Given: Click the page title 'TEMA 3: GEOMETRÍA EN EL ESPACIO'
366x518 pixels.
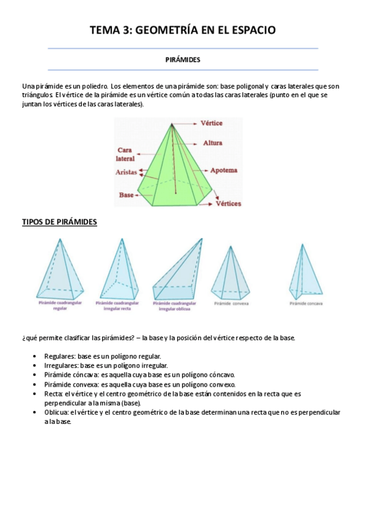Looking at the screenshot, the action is tap(183, 29).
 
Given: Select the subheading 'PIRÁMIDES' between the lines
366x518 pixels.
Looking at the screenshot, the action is tap(183, 60).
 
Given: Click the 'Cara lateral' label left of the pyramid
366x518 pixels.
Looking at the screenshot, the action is tap(125, 154).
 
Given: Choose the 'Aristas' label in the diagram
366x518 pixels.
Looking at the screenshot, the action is tap(126, 172).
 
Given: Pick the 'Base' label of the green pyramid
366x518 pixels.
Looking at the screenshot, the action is tap(126, 195).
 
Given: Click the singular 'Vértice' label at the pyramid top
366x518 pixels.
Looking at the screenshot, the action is tap(211, 123).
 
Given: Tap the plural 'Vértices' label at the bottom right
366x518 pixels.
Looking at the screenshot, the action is tap(229, 203).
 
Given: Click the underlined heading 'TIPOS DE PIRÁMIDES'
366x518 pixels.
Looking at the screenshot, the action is tap(59, 222).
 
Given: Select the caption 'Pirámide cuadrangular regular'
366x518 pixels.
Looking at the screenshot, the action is tap(60, 305).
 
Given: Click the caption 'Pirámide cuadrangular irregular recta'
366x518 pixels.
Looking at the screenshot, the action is tap(117, 305).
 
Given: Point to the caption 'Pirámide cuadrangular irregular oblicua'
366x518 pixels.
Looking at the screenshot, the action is tap(175, 305).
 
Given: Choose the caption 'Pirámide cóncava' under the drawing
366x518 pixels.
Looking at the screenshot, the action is tap(306, 303).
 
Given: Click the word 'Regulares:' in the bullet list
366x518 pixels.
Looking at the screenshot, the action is tap(58, 356).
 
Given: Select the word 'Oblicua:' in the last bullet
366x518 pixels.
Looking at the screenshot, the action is tap(56, 412).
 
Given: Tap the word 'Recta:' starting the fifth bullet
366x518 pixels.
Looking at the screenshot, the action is tap(53, 394).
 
